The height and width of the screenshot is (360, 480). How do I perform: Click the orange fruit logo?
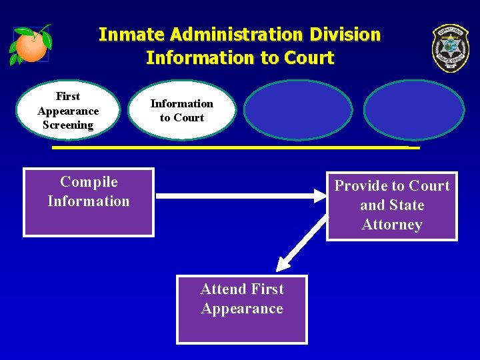(x=31, y=45)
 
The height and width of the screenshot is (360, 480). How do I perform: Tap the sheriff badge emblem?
(x=450, y=48)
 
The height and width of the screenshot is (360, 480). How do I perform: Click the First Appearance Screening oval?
(x=68, y=111)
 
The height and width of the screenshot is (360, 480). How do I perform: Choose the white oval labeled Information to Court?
(x=182, y=111)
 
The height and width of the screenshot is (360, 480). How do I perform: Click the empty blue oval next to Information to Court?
(x=298, y=111)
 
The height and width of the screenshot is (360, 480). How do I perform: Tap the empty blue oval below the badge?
(x=414, y=111)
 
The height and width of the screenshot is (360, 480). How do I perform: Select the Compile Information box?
(x=89, y=202)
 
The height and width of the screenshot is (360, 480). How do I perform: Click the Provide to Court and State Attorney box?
(x=392, y=205)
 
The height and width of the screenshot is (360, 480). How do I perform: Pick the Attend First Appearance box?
(x=242, y=309)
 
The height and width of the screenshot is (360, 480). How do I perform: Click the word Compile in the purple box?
(x=89, y=182)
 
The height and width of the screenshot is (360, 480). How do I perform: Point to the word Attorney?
(x=392, y=225)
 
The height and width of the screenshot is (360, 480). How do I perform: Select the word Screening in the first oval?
(x=68, y=125)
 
